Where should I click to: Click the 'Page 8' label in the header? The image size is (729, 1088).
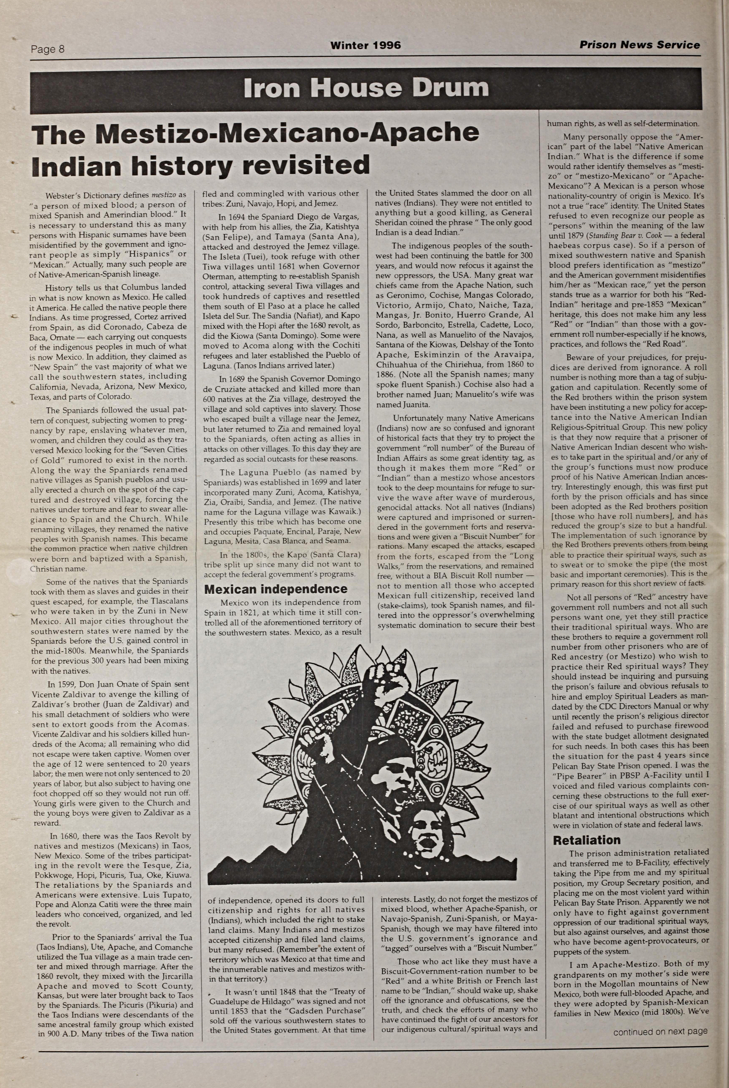(x=47, y=49)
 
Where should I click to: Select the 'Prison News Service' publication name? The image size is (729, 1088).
(x=639, y=45)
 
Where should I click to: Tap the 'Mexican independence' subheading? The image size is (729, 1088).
(x=276, y=589)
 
